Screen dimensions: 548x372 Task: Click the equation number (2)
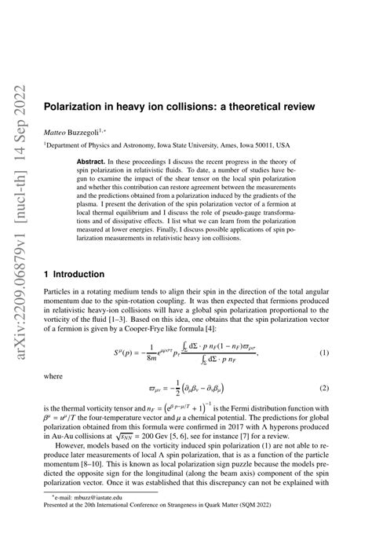click(322, 389)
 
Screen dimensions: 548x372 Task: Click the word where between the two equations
click(54, 376)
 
